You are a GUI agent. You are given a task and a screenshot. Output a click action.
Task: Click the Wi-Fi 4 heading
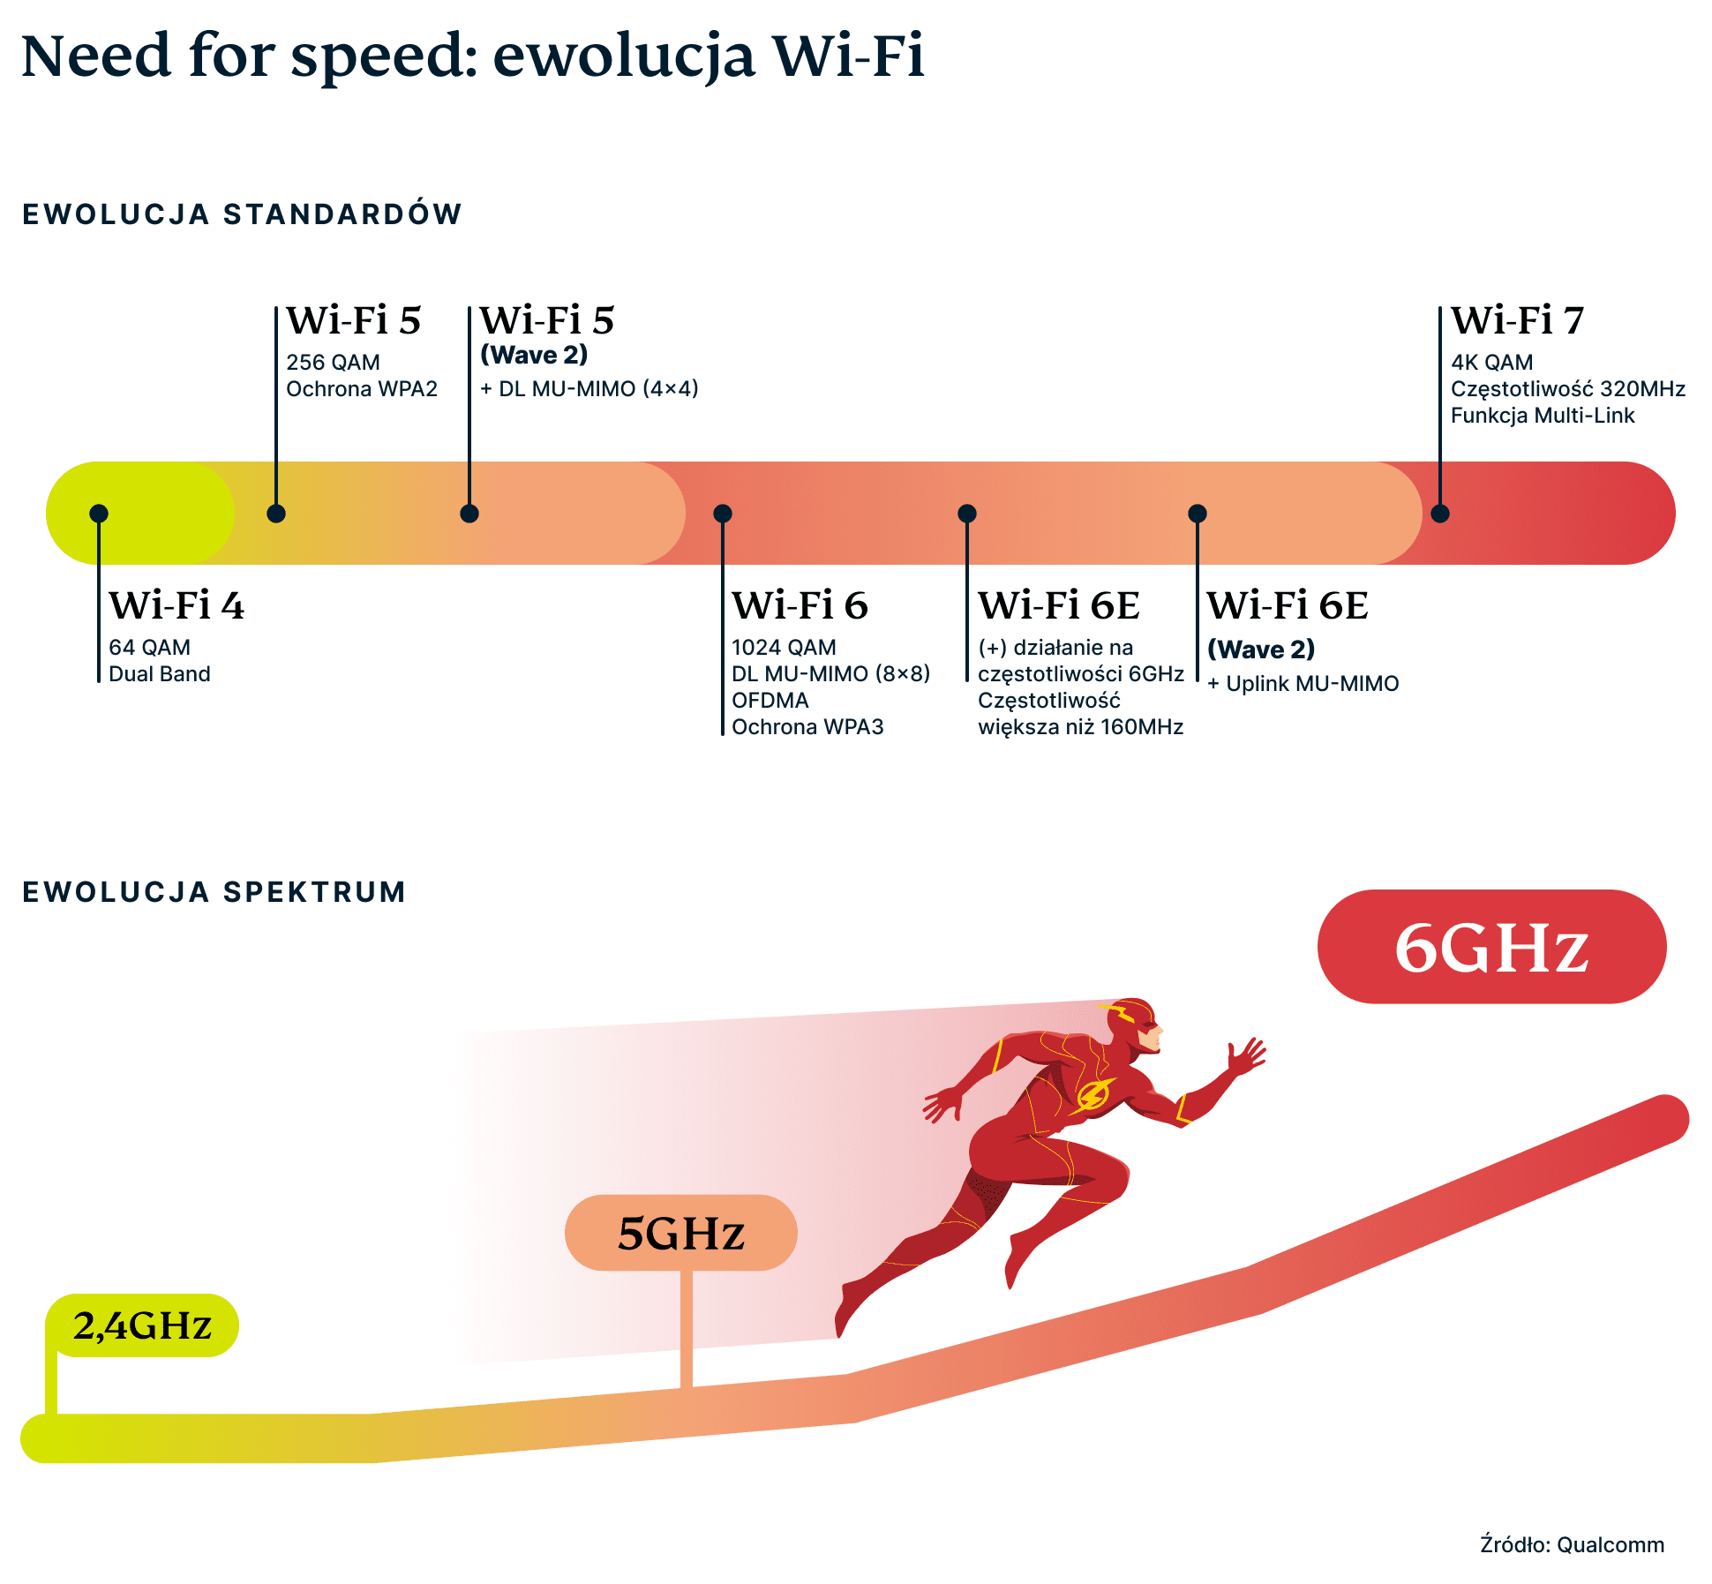(x=176, y=606)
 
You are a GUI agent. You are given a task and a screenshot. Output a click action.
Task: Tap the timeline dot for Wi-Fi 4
(x=99, y=514)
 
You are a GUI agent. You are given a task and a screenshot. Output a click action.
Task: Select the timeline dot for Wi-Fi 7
(x=1440, y=514)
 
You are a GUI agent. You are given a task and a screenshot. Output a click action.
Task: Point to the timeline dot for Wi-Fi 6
(x=723, y=514)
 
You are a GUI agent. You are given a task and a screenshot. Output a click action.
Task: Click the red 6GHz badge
(x=1491, y=947)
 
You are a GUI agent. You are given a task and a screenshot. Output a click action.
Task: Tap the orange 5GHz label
(x=680, y=1233)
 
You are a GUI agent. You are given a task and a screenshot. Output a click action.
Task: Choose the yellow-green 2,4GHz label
(x=142, y=1325)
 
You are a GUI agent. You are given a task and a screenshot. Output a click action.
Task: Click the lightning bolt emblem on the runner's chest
(x=1093, y=1095)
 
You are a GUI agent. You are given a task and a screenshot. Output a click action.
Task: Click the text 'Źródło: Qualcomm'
(x=1572, y=1545)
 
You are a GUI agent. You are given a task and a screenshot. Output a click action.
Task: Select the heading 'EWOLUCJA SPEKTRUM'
(x=214, y=892)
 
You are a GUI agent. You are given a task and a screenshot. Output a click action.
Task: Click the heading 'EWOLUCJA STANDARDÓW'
(x=242, y=214)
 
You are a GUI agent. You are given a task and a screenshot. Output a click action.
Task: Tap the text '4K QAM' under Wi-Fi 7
(x=1491, y=363)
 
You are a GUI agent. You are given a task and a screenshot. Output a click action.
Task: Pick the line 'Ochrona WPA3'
(x=807, y=727)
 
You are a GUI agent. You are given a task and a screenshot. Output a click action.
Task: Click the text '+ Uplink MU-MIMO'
(x=1303, y=684)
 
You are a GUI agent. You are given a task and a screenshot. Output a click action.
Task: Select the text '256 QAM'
(x=333, y=363)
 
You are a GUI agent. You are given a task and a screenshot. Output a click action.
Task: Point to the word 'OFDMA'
(x=770, y=701)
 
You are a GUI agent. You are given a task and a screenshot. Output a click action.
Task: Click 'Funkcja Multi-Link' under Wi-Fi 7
(x=1542, y=416)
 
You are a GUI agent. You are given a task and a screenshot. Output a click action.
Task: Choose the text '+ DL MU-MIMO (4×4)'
(x=589, y=389)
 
